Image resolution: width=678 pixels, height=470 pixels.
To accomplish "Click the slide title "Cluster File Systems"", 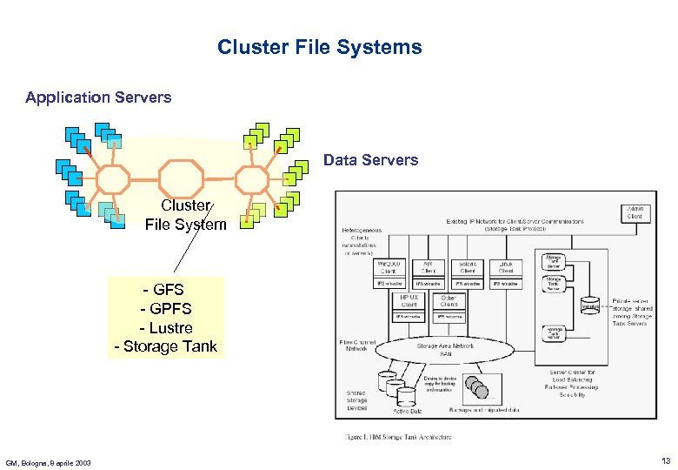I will pyautogui.click(x=319, y=47).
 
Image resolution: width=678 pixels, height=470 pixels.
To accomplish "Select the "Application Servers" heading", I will pyautogui.click(x=98, y=97).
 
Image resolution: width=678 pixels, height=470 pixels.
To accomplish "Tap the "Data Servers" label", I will pyautogui.click(x=370, y=160).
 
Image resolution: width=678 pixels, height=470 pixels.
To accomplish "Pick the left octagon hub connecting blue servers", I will pyautogui.click(x=112, y=178).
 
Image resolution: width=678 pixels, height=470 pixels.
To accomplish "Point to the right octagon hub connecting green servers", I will pyautogui.click(x=253, y=178).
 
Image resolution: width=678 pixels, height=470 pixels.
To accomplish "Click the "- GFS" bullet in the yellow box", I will pyautogui.click(x=165, y=289).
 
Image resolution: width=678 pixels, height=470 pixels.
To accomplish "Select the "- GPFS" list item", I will pyautogui.click(x=165, y=309).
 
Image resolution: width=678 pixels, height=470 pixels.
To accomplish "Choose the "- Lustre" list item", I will pyautogui.click(x=165, y=328).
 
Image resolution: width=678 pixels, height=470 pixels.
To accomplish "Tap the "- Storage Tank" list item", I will pyautogui.click(x=165, y=347).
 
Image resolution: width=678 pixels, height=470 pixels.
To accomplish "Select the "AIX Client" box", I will pyautogui.click(x=427, y=267).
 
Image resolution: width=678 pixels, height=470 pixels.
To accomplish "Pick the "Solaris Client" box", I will pyautogui.click(x=467, y=267).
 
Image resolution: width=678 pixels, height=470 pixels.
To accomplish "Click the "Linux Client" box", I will pyautogui.click(x=506, y=267).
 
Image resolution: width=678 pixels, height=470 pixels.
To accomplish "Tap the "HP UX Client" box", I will pyautogui.click(x=409, y=301).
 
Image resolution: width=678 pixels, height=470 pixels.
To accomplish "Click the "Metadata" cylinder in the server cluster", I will pyautogui.click(x=590, y=305).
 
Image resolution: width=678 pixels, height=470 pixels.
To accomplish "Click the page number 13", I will pyautogui.click(x=665, y=460).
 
